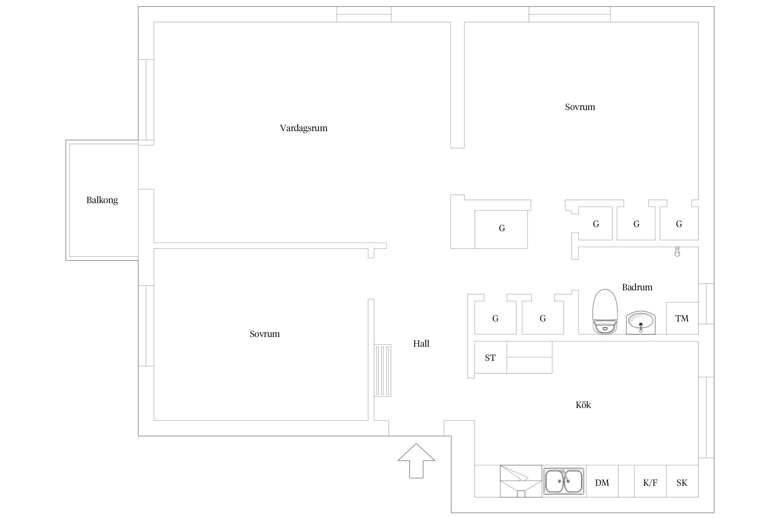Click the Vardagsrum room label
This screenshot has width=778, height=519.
click(304, 128)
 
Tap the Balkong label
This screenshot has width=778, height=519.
click(102, 200)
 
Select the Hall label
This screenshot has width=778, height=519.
click(421, 344)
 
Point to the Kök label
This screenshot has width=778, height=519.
click(583, 405)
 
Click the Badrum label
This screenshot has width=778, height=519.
click(637, 287)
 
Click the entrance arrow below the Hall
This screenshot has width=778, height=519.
click(416, 461)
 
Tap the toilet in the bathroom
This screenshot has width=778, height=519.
click(605, 311)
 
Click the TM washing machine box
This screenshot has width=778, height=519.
click(682, 318)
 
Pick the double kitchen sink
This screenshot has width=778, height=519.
click(564, 481)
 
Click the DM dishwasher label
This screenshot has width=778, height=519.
click(602, 483)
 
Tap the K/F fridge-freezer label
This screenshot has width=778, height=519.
click(650, 483)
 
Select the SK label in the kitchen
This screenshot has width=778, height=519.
click(682, 483)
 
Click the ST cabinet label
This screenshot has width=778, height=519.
click(490, 358)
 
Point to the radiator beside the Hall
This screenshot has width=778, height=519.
click(383, 370)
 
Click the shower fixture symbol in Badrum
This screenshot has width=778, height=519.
click(677, 252)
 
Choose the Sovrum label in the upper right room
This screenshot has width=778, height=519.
click(580, 107)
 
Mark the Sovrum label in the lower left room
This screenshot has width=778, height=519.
click(265, 334)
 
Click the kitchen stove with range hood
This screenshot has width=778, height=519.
click(521, 481)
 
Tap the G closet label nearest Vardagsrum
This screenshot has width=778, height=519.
click(502, 228)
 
